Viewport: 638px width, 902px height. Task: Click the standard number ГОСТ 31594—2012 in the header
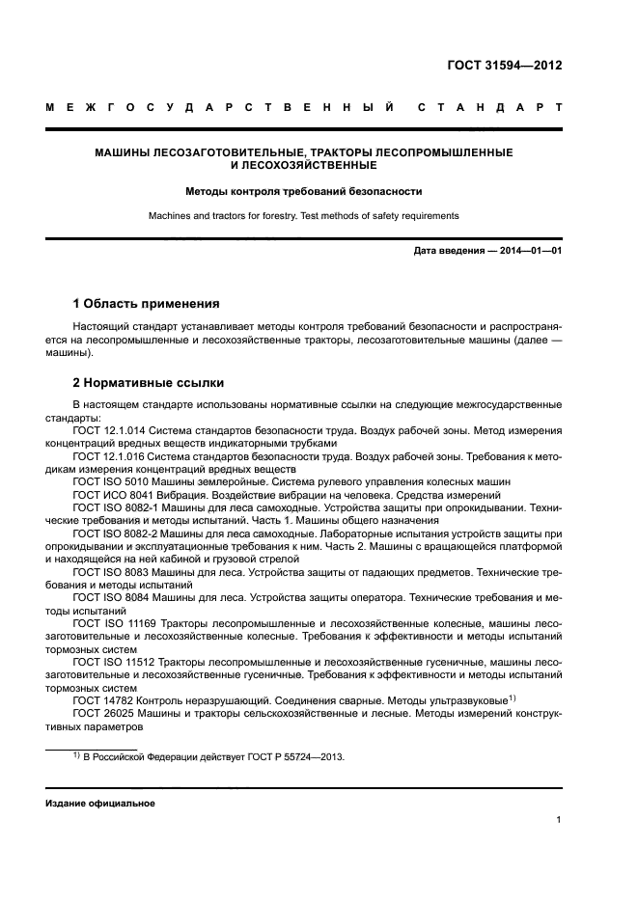tap(504, 66)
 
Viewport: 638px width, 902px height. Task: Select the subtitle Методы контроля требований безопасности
tap(303, 191)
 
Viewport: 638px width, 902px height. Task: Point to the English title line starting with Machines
tap(303, 215)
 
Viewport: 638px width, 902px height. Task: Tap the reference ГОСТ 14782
tap(100, 699)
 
